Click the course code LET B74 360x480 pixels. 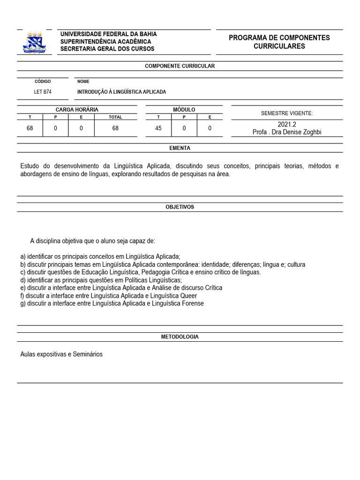coord(43,92)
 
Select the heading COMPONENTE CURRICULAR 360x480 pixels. coord(180,66)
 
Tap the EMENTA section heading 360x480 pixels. coord(180,148)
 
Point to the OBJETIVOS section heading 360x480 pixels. coord(180,207)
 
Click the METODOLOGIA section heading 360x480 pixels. coord(180,337)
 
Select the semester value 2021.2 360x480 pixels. coord(287,125)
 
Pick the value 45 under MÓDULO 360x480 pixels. coord(158,128)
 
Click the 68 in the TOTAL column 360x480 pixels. coord(115,128)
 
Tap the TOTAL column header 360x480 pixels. coord(115,117)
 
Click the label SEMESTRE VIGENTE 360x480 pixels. coord(287,113)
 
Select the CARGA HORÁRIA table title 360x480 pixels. coord(77,109)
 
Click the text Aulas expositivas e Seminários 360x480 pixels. coord(61,354)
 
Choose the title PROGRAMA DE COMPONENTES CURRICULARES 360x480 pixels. coord(279,42)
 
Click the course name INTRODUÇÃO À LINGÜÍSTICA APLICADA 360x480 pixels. coord(121,92)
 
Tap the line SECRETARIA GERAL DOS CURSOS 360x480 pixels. coord(107,49)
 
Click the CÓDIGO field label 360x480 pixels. coord(43,82)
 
